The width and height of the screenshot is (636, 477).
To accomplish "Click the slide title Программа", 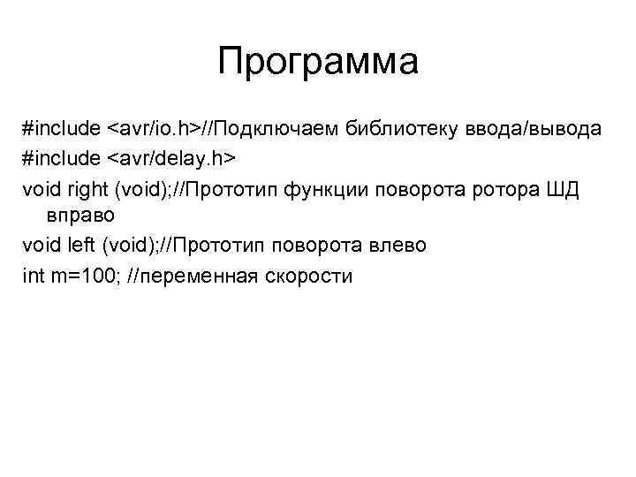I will [317, 63].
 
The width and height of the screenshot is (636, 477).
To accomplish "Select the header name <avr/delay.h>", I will [172, 158].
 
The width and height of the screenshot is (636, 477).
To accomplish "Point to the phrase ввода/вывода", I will [536, 129].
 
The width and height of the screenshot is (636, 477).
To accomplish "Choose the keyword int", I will [33, 276].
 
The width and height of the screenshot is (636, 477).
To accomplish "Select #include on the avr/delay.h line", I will [61, 158].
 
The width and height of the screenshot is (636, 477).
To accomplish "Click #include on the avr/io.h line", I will [61, 129].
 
